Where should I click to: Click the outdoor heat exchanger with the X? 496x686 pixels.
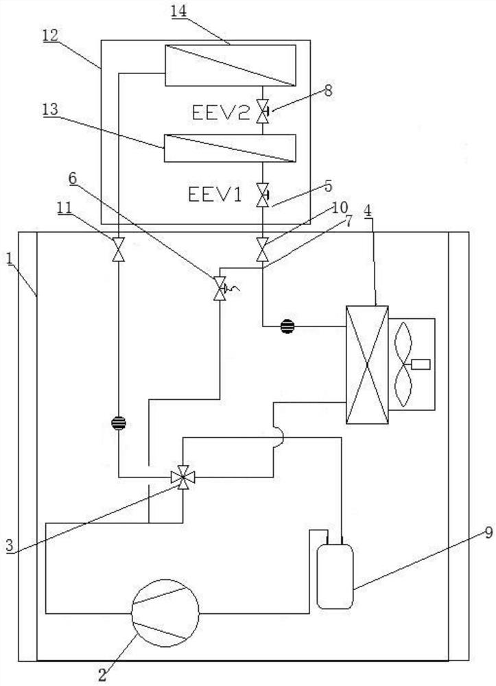[367, 364]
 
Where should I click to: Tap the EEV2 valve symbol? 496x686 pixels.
[262, 111]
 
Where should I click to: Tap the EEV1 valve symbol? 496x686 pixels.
[262, 195]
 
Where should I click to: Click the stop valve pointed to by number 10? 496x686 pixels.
[262, 248]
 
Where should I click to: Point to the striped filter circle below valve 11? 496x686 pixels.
[119, 422]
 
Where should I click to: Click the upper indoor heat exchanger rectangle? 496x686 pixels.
[230, 65]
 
